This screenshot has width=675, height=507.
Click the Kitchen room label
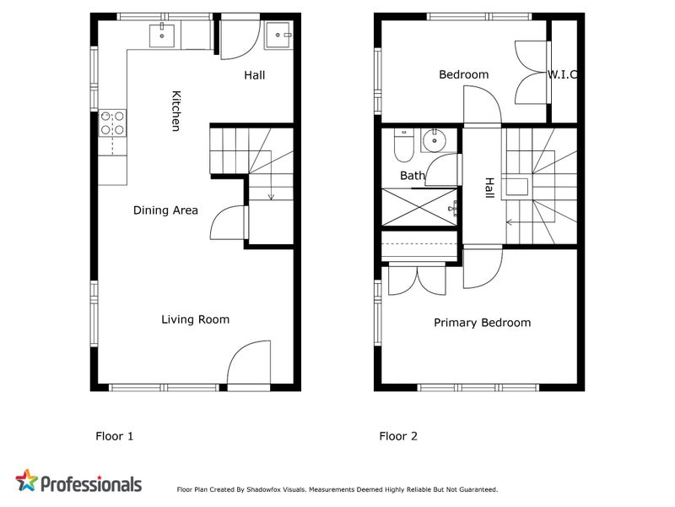[x=175, y=111]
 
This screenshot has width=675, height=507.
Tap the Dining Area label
[x=165, y=210]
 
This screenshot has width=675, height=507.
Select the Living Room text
[x=195, y=319]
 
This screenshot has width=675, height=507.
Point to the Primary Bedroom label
[x=482, y=323]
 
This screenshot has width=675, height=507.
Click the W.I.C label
[x=562, y=74]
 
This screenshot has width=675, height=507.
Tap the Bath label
[x=413, y=176]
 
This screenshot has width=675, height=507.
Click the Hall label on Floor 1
[x=254, y=75]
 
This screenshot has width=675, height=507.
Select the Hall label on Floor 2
[x=489, y=188]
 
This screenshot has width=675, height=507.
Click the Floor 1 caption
[x=113, y=437]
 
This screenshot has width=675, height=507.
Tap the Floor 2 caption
[x=397, y=437]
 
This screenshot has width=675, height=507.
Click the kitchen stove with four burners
[x=112, y=123]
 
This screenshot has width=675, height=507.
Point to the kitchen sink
[x=162, y=35]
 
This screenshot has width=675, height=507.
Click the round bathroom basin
[x=434, y=140]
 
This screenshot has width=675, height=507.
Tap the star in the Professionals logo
[x=27, y=482]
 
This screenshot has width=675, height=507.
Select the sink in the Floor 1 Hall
[x=278, y=35]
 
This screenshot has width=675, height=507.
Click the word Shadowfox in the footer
[x=265, y=489]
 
